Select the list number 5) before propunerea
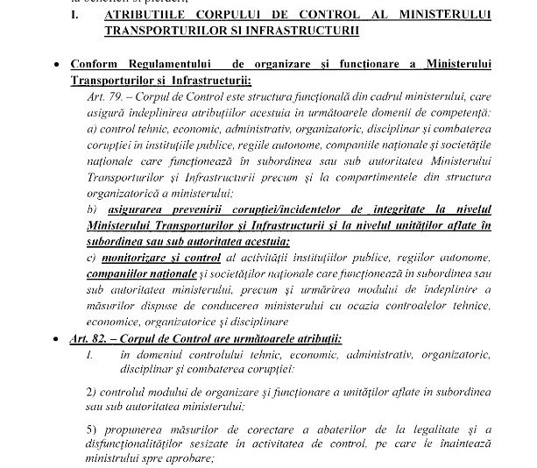tap(93, 428)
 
